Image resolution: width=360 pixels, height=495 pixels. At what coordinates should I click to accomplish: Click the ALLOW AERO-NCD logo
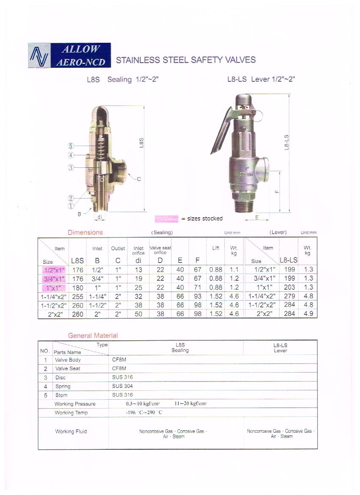pos(69,55)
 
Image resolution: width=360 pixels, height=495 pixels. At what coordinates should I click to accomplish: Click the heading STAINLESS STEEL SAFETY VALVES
pos(186,60)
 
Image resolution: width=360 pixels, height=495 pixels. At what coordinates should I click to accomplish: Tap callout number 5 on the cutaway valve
pos(71,146)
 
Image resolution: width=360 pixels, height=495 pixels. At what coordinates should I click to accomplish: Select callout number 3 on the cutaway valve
pos(71,167)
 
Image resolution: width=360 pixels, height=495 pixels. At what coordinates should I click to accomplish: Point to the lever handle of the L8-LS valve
pos(221,130)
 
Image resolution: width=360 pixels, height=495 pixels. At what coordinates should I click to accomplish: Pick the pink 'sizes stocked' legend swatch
pos(166,219)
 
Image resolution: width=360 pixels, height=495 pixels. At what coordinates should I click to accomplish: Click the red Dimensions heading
pos(85,232)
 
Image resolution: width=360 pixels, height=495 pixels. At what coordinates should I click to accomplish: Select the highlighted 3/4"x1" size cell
pos(54,279)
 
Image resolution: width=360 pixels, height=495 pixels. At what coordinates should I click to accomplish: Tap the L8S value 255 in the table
pos(78,297)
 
